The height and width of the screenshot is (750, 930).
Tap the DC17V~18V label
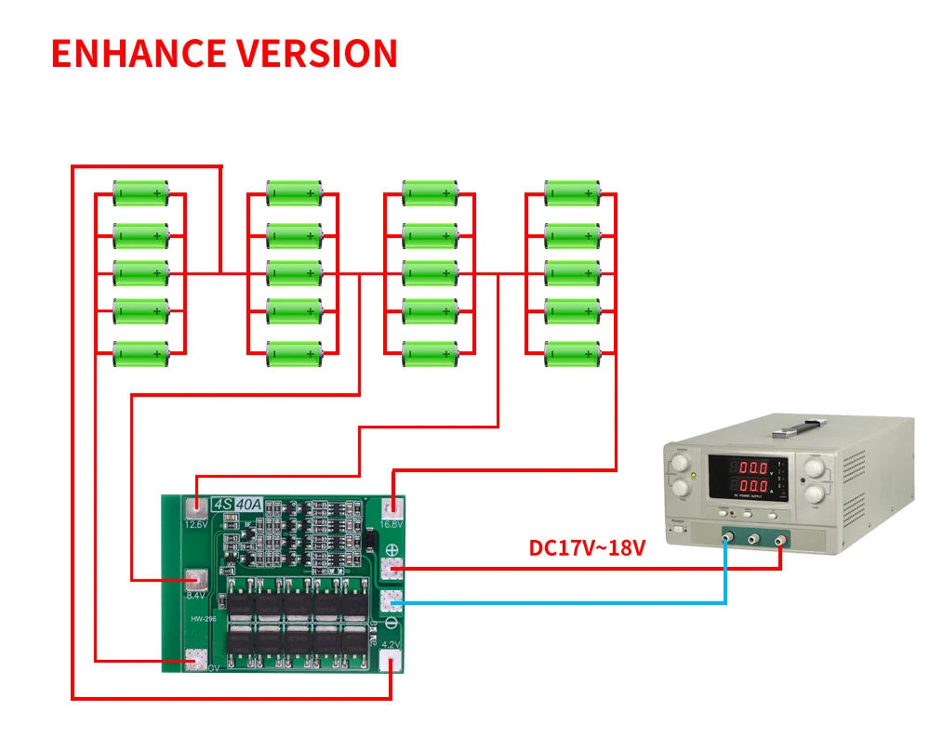click(587, 548)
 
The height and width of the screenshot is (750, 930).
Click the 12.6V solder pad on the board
click(196, 508)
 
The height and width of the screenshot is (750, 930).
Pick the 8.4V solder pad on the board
click(195, 579)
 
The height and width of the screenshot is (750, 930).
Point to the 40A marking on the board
click(248, 505)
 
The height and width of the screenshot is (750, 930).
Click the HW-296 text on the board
click(205, 621)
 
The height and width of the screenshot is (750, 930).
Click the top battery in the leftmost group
click(141, 194)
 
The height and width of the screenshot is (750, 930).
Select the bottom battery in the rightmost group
click(573, 353)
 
